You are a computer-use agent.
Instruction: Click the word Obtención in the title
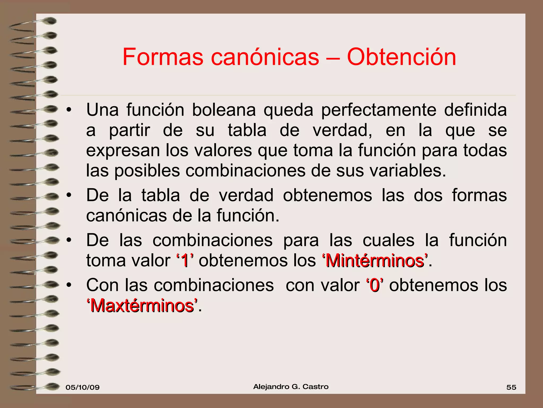coord(401,57)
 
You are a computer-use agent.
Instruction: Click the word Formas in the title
coord(163,57)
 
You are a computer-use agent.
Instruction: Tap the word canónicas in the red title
coord(265,57)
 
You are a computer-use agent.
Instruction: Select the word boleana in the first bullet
coord(224,110)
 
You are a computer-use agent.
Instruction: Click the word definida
coord(475,110)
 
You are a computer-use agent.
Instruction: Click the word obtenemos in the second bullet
coord(327,195)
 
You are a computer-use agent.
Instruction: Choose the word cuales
coord(388,240)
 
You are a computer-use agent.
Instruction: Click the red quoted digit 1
coord(185,261)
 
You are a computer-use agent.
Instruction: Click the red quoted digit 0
coord(375,286)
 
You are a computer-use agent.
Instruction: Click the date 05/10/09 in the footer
coord(82,387)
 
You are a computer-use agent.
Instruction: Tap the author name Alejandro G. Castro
coord(291,387)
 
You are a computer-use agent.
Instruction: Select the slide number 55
coord(511,387)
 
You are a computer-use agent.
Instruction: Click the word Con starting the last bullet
coord(103,286)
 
